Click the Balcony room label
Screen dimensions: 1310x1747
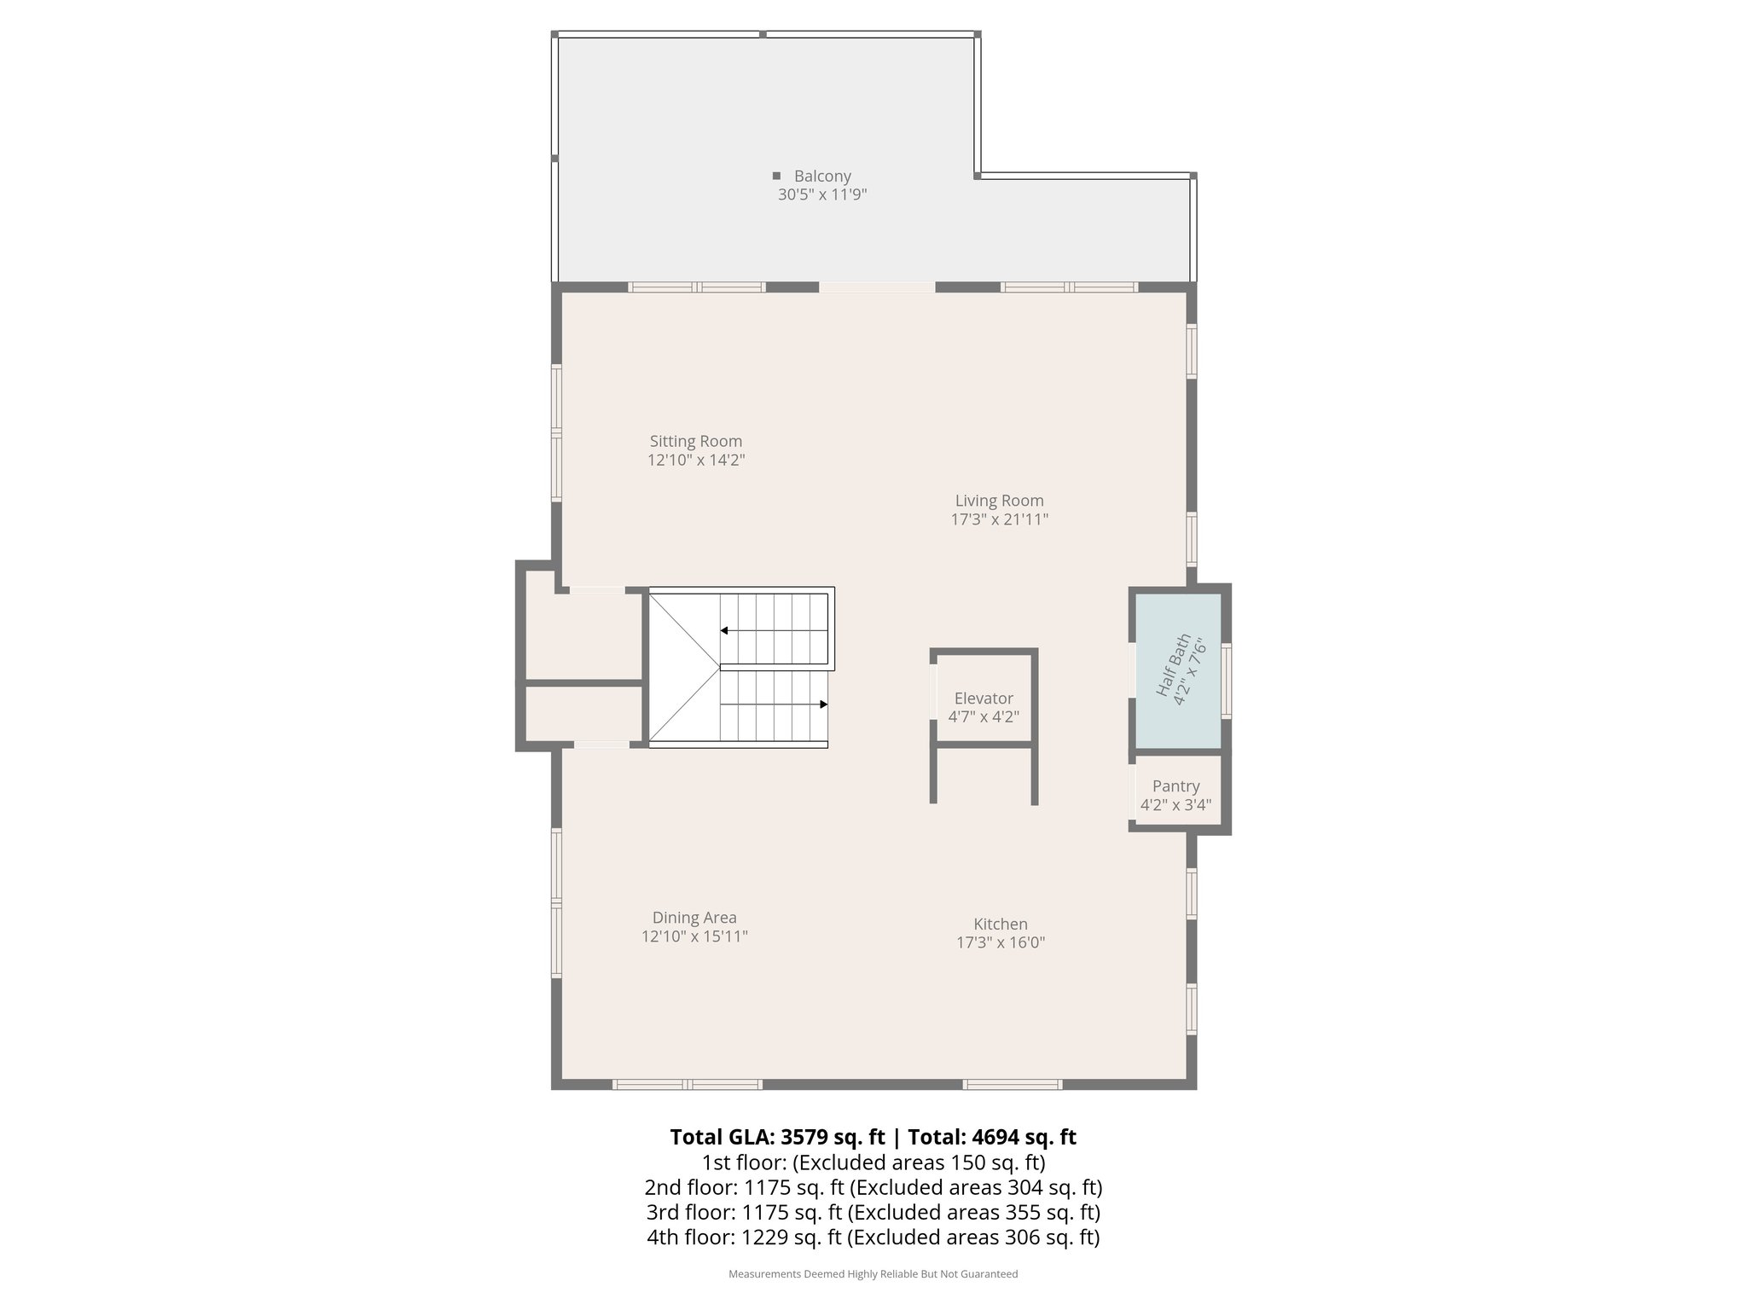(822, 177)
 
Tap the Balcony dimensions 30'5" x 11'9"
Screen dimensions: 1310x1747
(822, 194)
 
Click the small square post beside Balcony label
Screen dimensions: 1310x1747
(776, 176)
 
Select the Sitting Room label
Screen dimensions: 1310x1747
(696, 441)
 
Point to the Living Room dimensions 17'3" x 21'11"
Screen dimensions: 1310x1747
(999, 519)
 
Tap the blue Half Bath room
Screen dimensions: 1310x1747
(1177, 670)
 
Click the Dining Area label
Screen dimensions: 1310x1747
(694, 918)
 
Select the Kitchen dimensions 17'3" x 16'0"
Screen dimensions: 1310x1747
(1001, 942)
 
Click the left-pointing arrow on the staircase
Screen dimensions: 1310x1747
(724, 630)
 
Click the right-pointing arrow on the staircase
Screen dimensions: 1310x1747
(823, 704)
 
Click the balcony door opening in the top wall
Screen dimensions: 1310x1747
(877, 287)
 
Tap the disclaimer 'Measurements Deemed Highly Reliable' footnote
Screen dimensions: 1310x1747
(873, 1273)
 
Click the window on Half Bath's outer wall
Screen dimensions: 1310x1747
(1227, 680)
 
